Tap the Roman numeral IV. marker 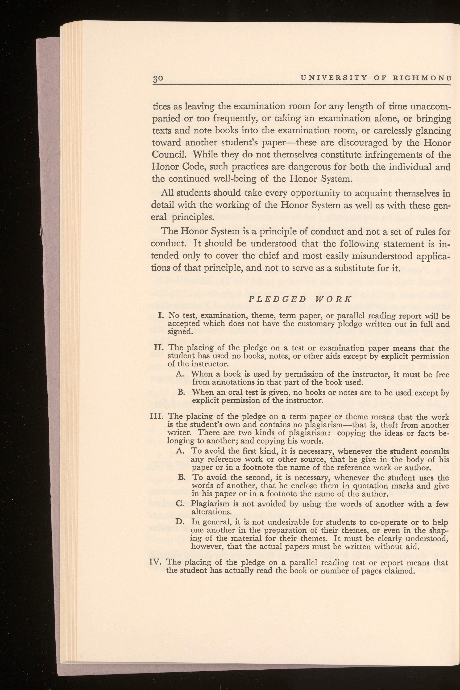click(158, 563)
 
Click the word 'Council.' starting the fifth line click(168, 154)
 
